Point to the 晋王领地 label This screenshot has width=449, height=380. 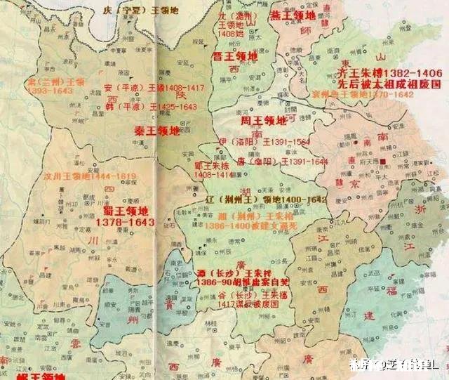click(x=235, y=55)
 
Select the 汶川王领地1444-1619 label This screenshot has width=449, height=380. click(x=86, y=177)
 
